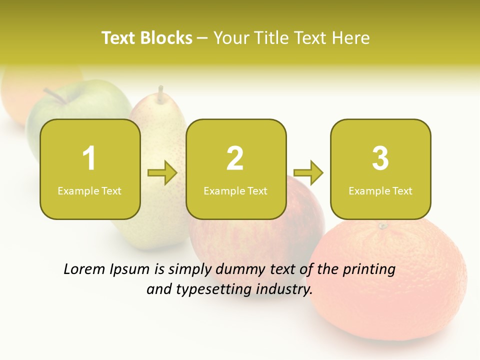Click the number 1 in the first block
pyautogui.click(x=89, y=158)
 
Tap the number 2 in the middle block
pyautogui.click(x=235, y=158)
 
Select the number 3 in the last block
pyautogui.click(x=380, y=158)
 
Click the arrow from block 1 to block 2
pyautogui.click(x=163, y=173)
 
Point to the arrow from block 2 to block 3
pyautogui.click(x=308, y=173)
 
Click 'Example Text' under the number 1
pyautogui.click(x=89, y=190)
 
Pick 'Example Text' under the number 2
pyautogui.click(x=235, y=190)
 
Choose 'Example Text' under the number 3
pyautogui.click(x=380, y=190)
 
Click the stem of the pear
pyautogui.click(x=160, y=94)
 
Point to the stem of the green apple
pyautogui.click(x=54, y=95)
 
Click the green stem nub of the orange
pyautogui.click(x=383, y=226)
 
